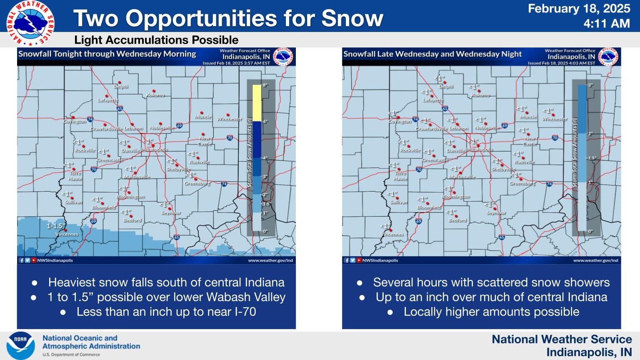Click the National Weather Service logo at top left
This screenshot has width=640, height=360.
coord(30,23)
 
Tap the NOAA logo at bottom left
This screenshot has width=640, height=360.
coord(20,345)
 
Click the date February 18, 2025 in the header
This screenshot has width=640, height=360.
coord(579,9)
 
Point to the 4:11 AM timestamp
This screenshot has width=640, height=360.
coord(606,24)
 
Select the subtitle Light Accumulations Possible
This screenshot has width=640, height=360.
coord(156,40)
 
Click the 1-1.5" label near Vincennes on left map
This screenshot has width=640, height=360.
coord(56,226)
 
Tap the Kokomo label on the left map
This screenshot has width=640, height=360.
coord(155,95)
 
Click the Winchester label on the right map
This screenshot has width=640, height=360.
coord(554,119)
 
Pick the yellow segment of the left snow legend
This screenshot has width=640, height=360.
coord(257,103)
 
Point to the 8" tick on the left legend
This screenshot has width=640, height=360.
coord(265,85)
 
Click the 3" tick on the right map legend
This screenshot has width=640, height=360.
coord(590,85)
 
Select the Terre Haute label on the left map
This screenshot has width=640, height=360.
coord(75,176)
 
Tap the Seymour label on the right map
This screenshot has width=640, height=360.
coord(496,213)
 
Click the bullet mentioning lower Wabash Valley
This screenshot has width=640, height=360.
coord(166,297)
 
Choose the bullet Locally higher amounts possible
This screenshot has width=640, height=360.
coord(491,312)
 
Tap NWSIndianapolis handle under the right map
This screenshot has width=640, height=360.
coord(380,260)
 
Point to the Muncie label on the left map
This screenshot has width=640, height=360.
coord(203,117)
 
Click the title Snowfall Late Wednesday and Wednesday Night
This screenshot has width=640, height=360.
coord(432,54)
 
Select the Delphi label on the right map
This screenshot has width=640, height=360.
coord(445,87)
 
